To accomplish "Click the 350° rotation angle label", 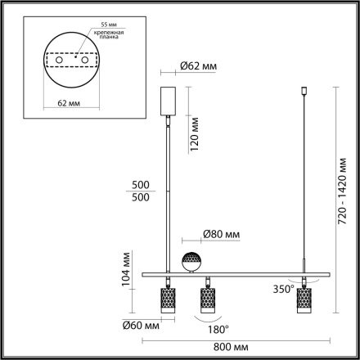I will point(284,289).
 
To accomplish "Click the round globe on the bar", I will point(192,260).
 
